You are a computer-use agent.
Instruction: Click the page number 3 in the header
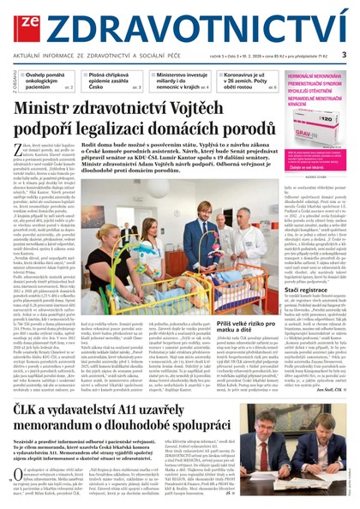coord(344,54)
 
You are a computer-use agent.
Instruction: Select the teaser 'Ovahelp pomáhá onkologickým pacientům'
coord(46,81)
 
